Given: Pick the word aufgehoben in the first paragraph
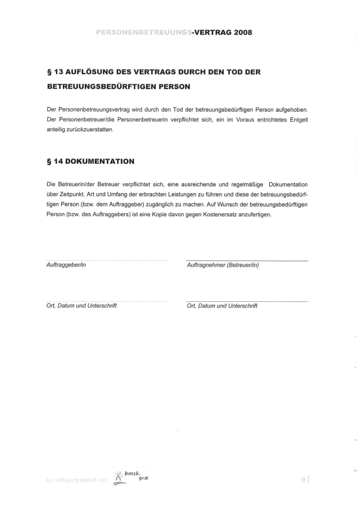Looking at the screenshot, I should point(291,109).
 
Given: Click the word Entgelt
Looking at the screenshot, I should point(296,119).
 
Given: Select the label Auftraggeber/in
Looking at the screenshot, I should point(66,265).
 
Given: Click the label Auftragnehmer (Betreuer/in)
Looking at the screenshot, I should point(222,265).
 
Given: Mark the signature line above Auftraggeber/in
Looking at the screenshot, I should point(107,260).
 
